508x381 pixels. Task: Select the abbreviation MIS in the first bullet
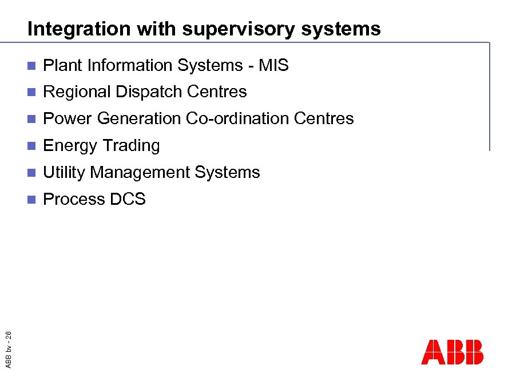pos(273,65)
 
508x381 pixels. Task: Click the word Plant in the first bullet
pos(63,65)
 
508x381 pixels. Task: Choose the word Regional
pos(77,92)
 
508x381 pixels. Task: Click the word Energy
pos(69,146)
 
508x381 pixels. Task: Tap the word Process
pos(74,199)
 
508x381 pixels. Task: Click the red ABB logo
pos(452,352)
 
